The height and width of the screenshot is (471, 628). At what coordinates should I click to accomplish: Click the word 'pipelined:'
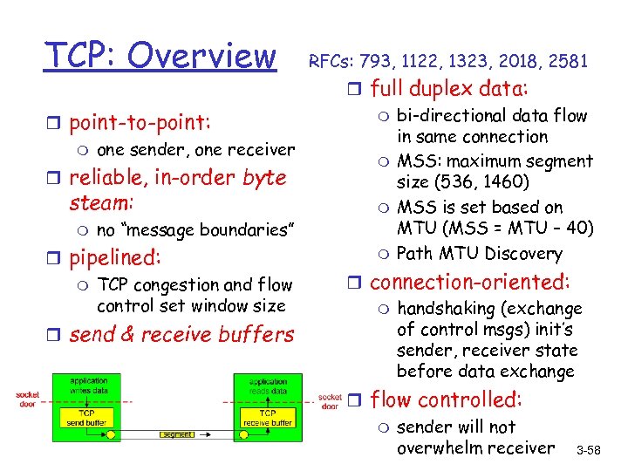coord(115,258)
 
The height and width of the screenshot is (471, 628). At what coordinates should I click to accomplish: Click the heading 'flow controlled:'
coord(447,399)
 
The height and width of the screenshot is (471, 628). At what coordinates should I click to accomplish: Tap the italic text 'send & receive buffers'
coord(181,335)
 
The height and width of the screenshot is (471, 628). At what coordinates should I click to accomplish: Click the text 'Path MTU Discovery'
coord(479,254)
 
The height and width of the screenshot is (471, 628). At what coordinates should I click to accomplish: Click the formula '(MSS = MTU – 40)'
coord(521,229)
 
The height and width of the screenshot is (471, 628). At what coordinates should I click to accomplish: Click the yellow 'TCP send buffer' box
coord(87,417)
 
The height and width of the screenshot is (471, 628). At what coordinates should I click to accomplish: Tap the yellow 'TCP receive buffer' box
coord(268,417)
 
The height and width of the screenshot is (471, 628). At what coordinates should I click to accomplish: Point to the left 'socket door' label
coord(28,399)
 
